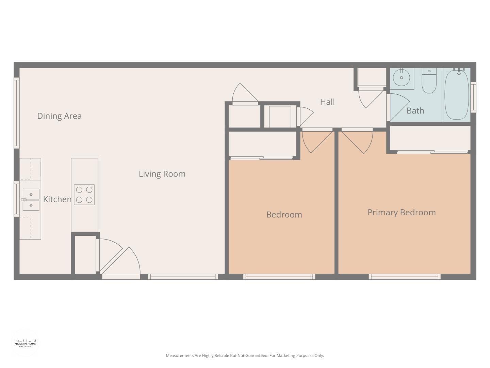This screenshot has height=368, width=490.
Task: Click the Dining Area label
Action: coord(59,116)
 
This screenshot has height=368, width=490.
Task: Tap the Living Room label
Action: coord(162,174)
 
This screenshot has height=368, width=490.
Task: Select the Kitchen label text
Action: coord(57,199)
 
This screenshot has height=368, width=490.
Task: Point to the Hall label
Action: coord(327,102)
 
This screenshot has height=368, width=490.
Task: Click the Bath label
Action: coord(415,111)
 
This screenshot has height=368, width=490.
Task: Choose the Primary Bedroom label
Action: coord(402,213)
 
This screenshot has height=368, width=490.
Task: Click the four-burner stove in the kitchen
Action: coord(84,195)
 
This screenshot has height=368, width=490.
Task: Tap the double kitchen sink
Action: coord(31,200)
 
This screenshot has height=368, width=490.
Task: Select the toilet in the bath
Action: coord(429,81)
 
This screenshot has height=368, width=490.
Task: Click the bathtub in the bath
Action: coord(457,94)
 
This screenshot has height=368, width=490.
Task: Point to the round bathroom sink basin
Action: coord(402,78)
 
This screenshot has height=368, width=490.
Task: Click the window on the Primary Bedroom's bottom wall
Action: coord(404,277)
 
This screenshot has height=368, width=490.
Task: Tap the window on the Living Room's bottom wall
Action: coord(183,277)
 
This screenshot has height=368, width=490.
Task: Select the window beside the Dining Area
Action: coord(16,113)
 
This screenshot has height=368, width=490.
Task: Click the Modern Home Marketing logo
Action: coord(25,343)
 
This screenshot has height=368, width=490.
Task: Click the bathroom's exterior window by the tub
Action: coord(473,97)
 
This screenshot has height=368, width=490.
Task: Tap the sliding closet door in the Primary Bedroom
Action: coord(432,152)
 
